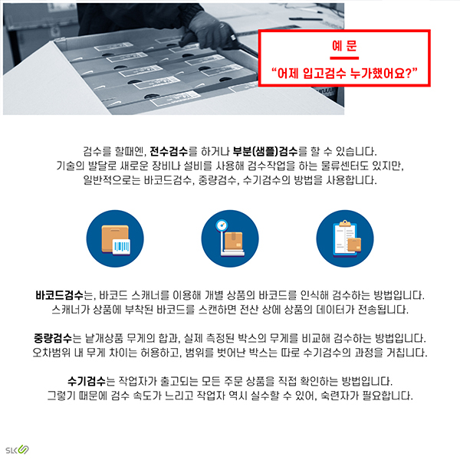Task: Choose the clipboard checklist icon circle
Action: tap(344, 234)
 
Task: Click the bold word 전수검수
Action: tap(172, 151)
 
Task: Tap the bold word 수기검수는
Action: tap(90, 381)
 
